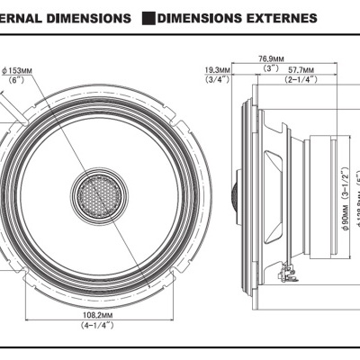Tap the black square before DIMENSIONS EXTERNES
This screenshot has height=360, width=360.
148,17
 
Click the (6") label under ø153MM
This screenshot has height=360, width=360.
15,80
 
